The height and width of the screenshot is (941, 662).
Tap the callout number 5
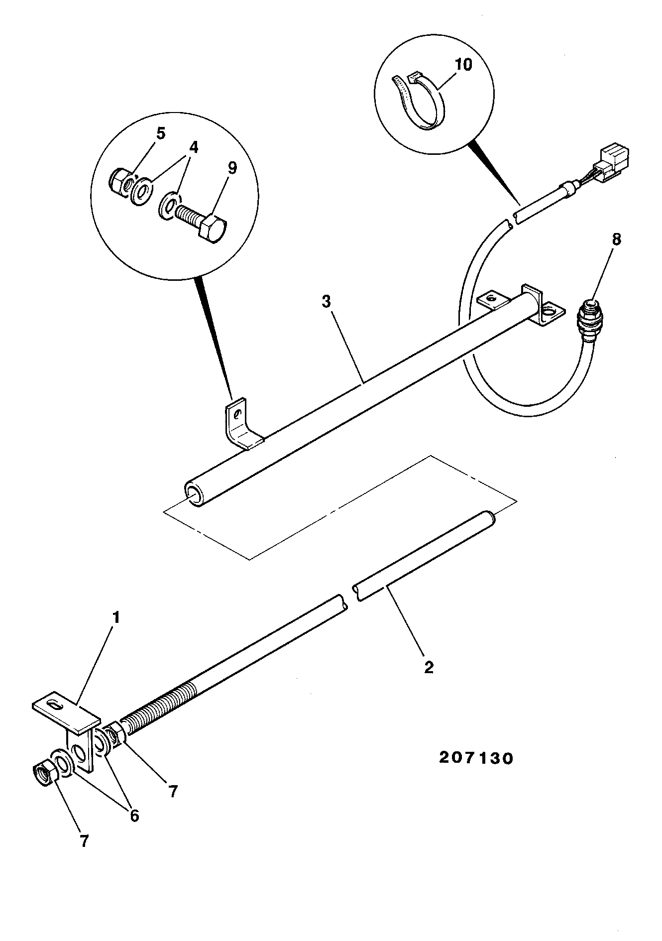click(x=161, y=133)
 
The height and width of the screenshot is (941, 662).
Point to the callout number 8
click(x=616, y=239)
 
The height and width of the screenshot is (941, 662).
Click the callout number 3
click(x=326, y=302)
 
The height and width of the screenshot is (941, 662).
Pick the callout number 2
click(x=429, y=667)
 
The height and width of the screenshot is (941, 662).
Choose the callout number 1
click(x=116, y=618)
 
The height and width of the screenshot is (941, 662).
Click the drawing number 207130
click(x=475, y=758)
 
